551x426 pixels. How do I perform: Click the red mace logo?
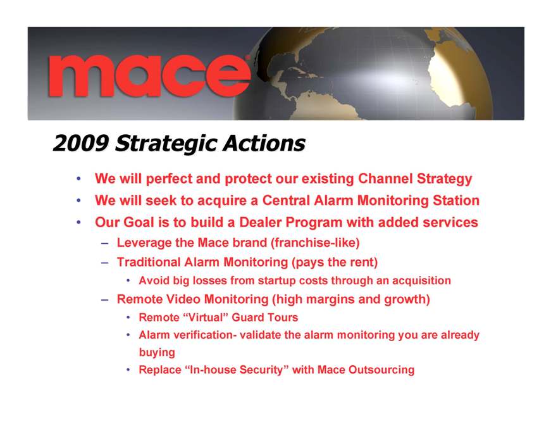click(x=149, y=75)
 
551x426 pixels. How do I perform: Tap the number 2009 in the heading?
click(x=81, y=143)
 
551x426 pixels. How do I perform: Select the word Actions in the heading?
click(x=264, y=143)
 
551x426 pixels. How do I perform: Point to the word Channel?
click(x=385, y=179)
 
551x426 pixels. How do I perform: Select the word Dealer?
click(x=260, y=222)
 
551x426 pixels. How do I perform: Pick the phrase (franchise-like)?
click(x=315, y=242)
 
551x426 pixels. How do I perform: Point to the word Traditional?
click(x=149, y=262)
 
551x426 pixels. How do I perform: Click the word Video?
click(x=183, y=299)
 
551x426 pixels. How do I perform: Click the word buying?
click(x=157, y=352)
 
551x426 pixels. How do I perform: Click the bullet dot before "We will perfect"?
click(x=78, y=179)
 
